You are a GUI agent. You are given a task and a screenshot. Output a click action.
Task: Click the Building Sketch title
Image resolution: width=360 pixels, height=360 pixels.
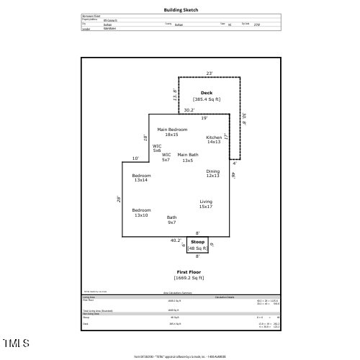point(181,10)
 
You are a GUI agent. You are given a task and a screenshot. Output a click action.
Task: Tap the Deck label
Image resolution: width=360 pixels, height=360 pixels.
point(207,93)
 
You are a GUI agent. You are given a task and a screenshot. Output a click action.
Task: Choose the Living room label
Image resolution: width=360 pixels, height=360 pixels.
point(206,204)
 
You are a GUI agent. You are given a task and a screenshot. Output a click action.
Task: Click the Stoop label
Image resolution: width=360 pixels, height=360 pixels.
point(197,242)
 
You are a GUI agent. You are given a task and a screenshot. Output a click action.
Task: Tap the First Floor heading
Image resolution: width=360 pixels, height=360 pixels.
point(189,271)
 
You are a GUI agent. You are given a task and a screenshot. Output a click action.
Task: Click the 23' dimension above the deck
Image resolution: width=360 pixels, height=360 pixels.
point(210,73)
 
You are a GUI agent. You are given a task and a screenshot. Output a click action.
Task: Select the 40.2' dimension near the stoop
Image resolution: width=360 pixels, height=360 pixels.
point(175,240)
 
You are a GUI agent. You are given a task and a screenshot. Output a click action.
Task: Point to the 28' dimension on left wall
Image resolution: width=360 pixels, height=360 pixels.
point(119,199)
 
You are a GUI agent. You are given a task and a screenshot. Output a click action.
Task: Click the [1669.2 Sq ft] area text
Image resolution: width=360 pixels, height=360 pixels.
point(189,277)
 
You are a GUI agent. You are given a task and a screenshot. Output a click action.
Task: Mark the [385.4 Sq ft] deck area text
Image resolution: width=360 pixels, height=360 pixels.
point(207,99)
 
